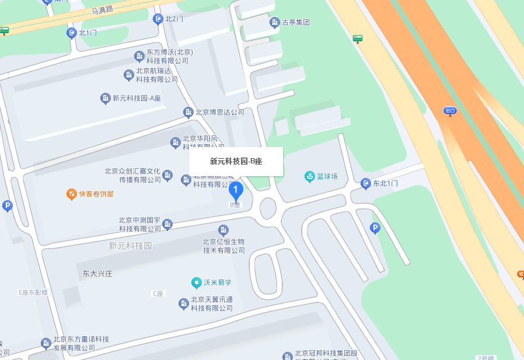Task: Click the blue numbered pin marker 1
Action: tap(235, 190)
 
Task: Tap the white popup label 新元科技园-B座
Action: tap(236, 161)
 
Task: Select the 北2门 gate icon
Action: tap(158, 19)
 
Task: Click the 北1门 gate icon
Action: tap(71, 33)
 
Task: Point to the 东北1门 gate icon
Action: tap(366, 184)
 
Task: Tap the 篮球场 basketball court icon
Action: tap(309, 176)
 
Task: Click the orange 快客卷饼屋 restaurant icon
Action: tap(71, 194)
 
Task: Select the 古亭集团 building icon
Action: tap(274, 23)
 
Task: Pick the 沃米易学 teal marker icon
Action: tap(197, 282)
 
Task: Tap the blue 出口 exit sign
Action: tap(450, 110)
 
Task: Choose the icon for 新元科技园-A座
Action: tap(106, 98)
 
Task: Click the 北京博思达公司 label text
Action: tap(220, 112)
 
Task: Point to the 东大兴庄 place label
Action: tap(97, 273)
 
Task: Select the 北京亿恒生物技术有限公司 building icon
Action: tap(223, 230)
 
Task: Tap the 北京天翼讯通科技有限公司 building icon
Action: tap(184, 303)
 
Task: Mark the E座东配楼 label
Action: tap(33, 292)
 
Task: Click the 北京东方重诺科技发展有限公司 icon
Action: tap(46, 343)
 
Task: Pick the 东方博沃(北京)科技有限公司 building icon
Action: tap(139, 56)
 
